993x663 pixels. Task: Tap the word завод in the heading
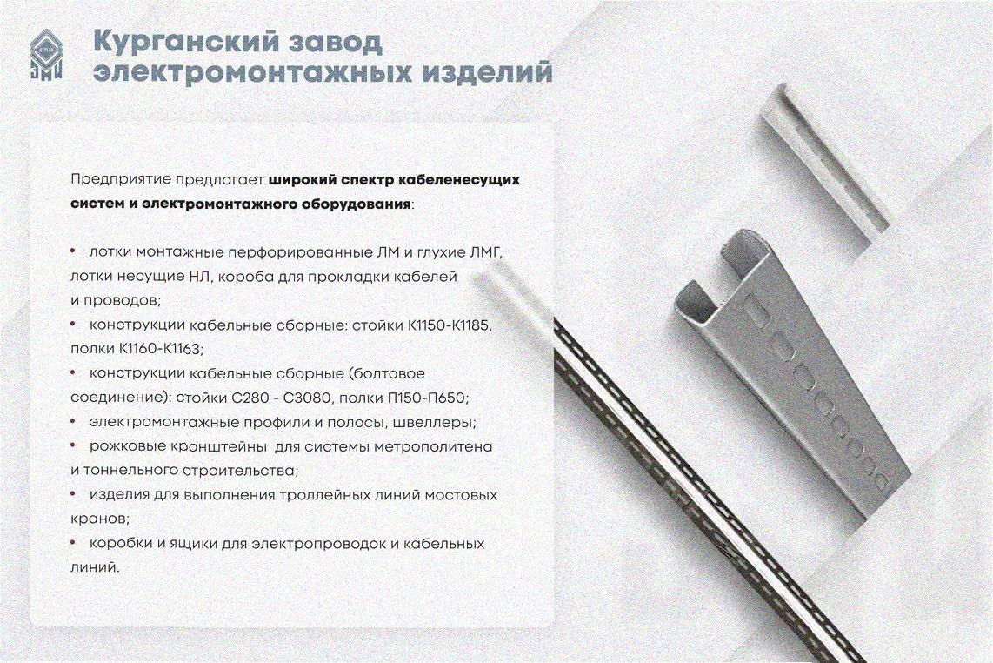click(332, 41)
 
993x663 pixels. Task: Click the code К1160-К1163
click(159, 349)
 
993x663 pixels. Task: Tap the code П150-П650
click(426, 398)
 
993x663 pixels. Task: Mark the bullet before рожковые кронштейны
click(73, 446)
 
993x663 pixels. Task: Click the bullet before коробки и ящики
click(73, 543)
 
